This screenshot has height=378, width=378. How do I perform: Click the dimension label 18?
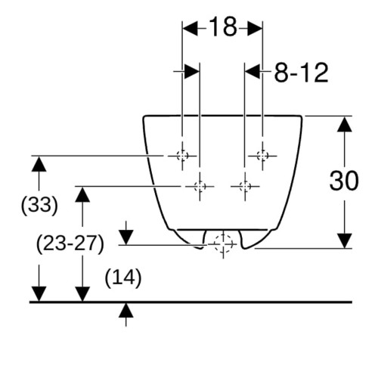(x=223, y=26)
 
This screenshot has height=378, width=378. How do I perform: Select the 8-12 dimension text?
(x=302, y=73)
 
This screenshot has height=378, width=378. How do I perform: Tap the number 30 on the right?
(x=344, y=181)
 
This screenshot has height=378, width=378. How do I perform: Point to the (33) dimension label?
(x=39, y=205)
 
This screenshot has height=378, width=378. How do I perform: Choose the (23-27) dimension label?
(x=70, y=243)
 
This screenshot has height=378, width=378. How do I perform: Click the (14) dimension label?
(x=123, y=278)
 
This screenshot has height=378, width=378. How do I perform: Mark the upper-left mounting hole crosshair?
(x=182, y=156)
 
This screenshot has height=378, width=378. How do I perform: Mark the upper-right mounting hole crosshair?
(x=262, y=156)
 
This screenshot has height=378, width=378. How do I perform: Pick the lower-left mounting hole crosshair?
(x=200, y=187)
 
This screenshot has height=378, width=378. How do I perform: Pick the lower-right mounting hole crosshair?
(x=245, y=187)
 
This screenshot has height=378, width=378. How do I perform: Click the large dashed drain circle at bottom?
(x=223, y=244)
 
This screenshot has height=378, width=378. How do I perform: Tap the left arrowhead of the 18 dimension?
(x=191, y=29)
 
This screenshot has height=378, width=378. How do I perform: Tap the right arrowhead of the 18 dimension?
(x=255, y=29)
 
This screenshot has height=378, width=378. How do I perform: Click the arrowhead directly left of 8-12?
(x=253, y=72)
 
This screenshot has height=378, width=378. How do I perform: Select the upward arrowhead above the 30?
(x=345, y=124)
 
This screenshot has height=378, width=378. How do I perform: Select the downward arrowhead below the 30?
(x=345, y=240)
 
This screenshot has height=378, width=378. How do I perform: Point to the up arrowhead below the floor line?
(x=126, y=310)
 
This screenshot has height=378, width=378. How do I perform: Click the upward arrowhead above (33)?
(x=39, y=164)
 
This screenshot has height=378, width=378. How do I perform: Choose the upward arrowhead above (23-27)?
(x=82, y=194)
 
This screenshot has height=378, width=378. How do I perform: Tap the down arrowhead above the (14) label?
(x=126, y=237)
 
